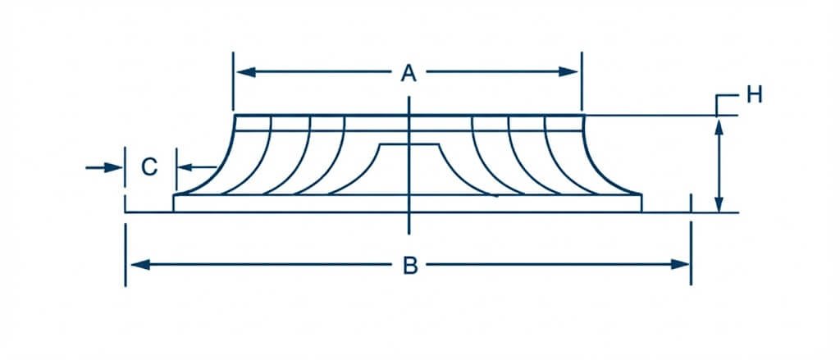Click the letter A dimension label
point(409,72)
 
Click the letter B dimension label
point(410,265)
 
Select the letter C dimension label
point(149,167)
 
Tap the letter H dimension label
point(755,95)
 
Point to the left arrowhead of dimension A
point(246,72)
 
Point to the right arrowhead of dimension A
point(568,72)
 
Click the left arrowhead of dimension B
point(140,265)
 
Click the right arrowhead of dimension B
point(680,265)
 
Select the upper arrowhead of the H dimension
point(719,127)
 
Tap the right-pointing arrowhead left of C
point(113,167)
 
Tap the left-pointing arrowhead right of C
point(185,167)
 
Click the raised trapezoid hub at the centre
point(409,169)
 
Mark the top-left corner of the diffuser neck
point(235,115)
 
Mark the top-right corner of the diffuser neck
point(583,115)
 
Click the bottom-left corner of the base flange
point(173,212)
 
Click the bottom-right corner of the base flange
point(641,212)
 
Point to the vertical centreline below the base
point(409,224)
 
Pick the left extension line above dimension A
point(233,81)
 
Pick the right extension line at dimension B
point(691,253)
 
